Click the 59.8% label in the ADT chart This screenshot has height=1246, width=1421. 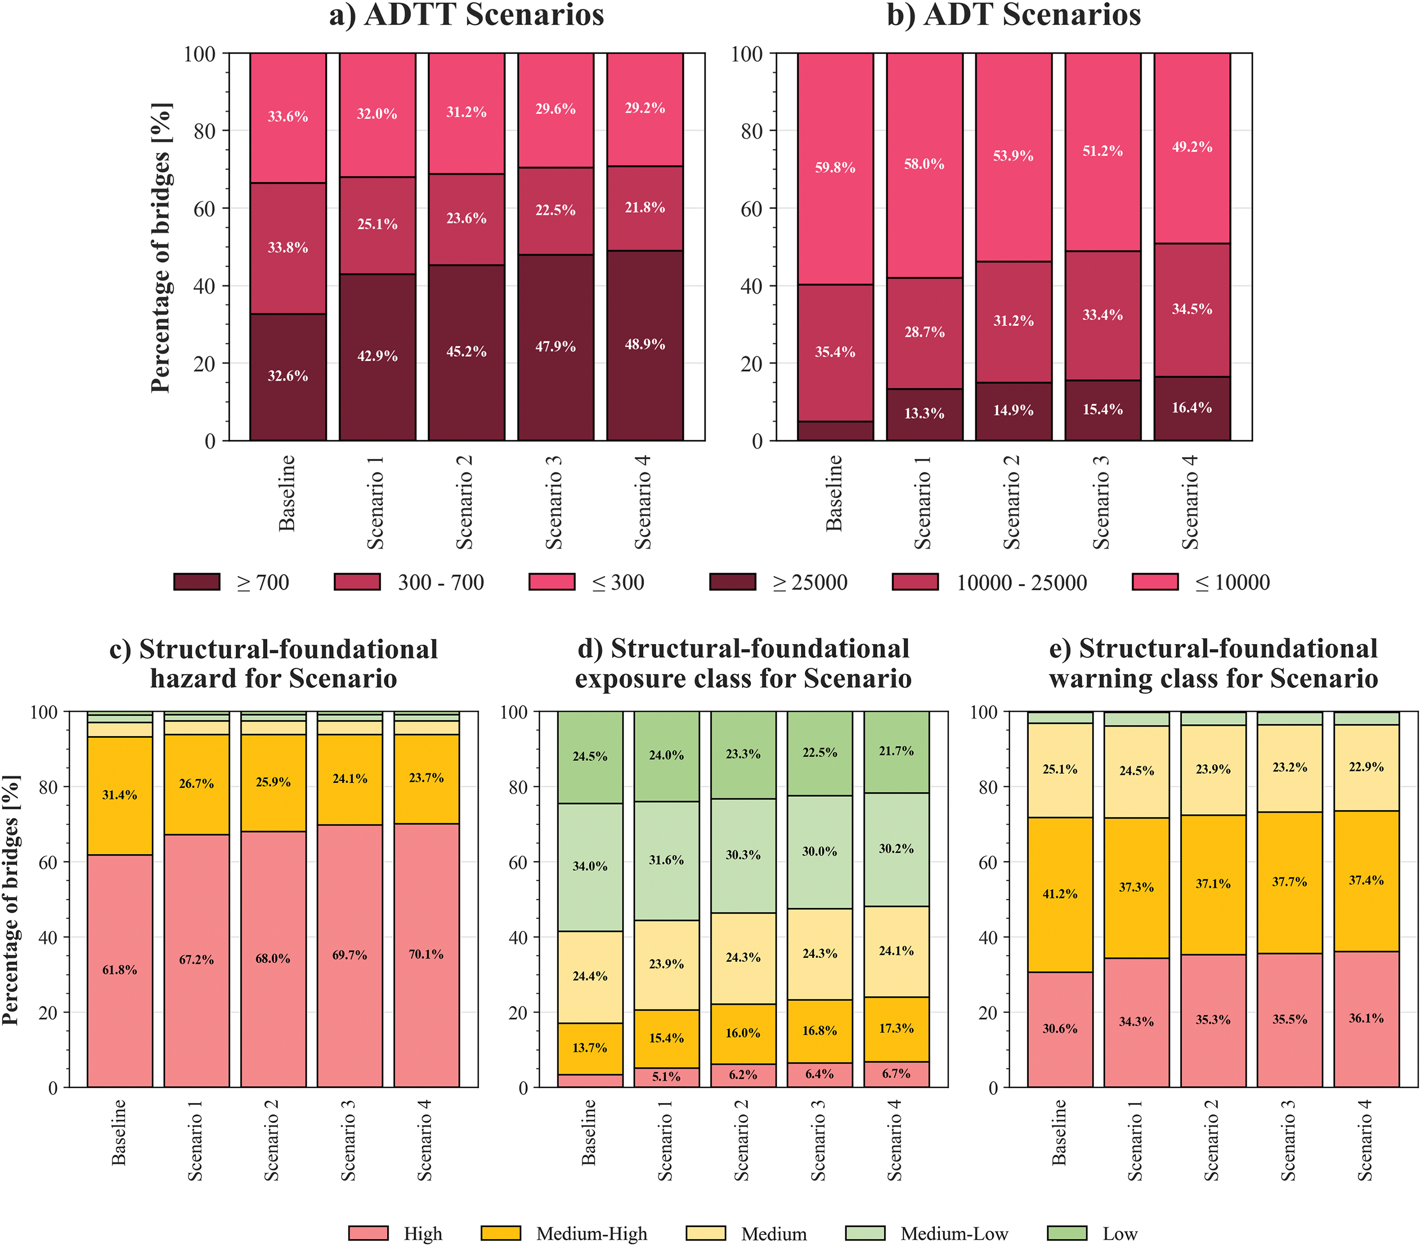pyautogui.click(x=835, y=167)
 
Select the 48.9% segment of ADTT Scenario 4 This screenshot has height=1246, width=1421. pyautogui.click(x=644, y=345)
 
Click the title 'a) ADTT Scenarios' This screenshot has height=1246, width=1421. pyautogui.click(x=466, y=15)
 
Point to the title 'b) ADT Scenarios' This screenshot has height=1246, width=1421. pyautogui.click(x=1014, y=15)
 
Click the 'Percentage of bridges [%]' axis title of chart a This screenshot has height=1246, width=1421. pyautogui.click(x=161, y=248)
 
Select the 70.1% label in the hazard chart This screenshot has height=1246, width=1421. pyautogui.click(x=426, y=954)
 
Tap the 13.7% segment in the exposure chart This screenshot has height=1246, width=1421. pyautogui.click(x=590, y=1047)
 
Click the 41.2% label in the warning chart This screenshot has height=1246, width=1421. pyautogui.click(x=1060, y=894)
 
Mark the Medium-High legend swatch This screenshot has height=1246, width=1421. pyautogui.click(x=501, y=1233)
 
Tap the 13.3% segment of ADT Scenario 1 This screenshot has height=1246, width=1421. pyautogui.click(x=924, y=414)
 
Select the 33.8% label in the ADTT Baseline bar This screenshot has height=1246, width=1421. pyautogui.click(x=288, y=248)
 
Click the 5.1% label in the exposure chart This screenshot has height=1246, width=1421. pyautogui.click(x=666, y=1077)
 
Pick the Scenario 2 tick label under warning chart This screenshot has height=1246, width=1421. pyautogui.click(x=1213, y=1140)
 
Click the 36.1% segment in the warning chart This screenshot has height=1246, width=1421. pyautogui.click(x=1366, y=1018)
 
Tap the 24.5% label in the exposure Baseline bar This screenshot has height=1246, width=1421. pyautogui.click(x=590, y=756)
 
